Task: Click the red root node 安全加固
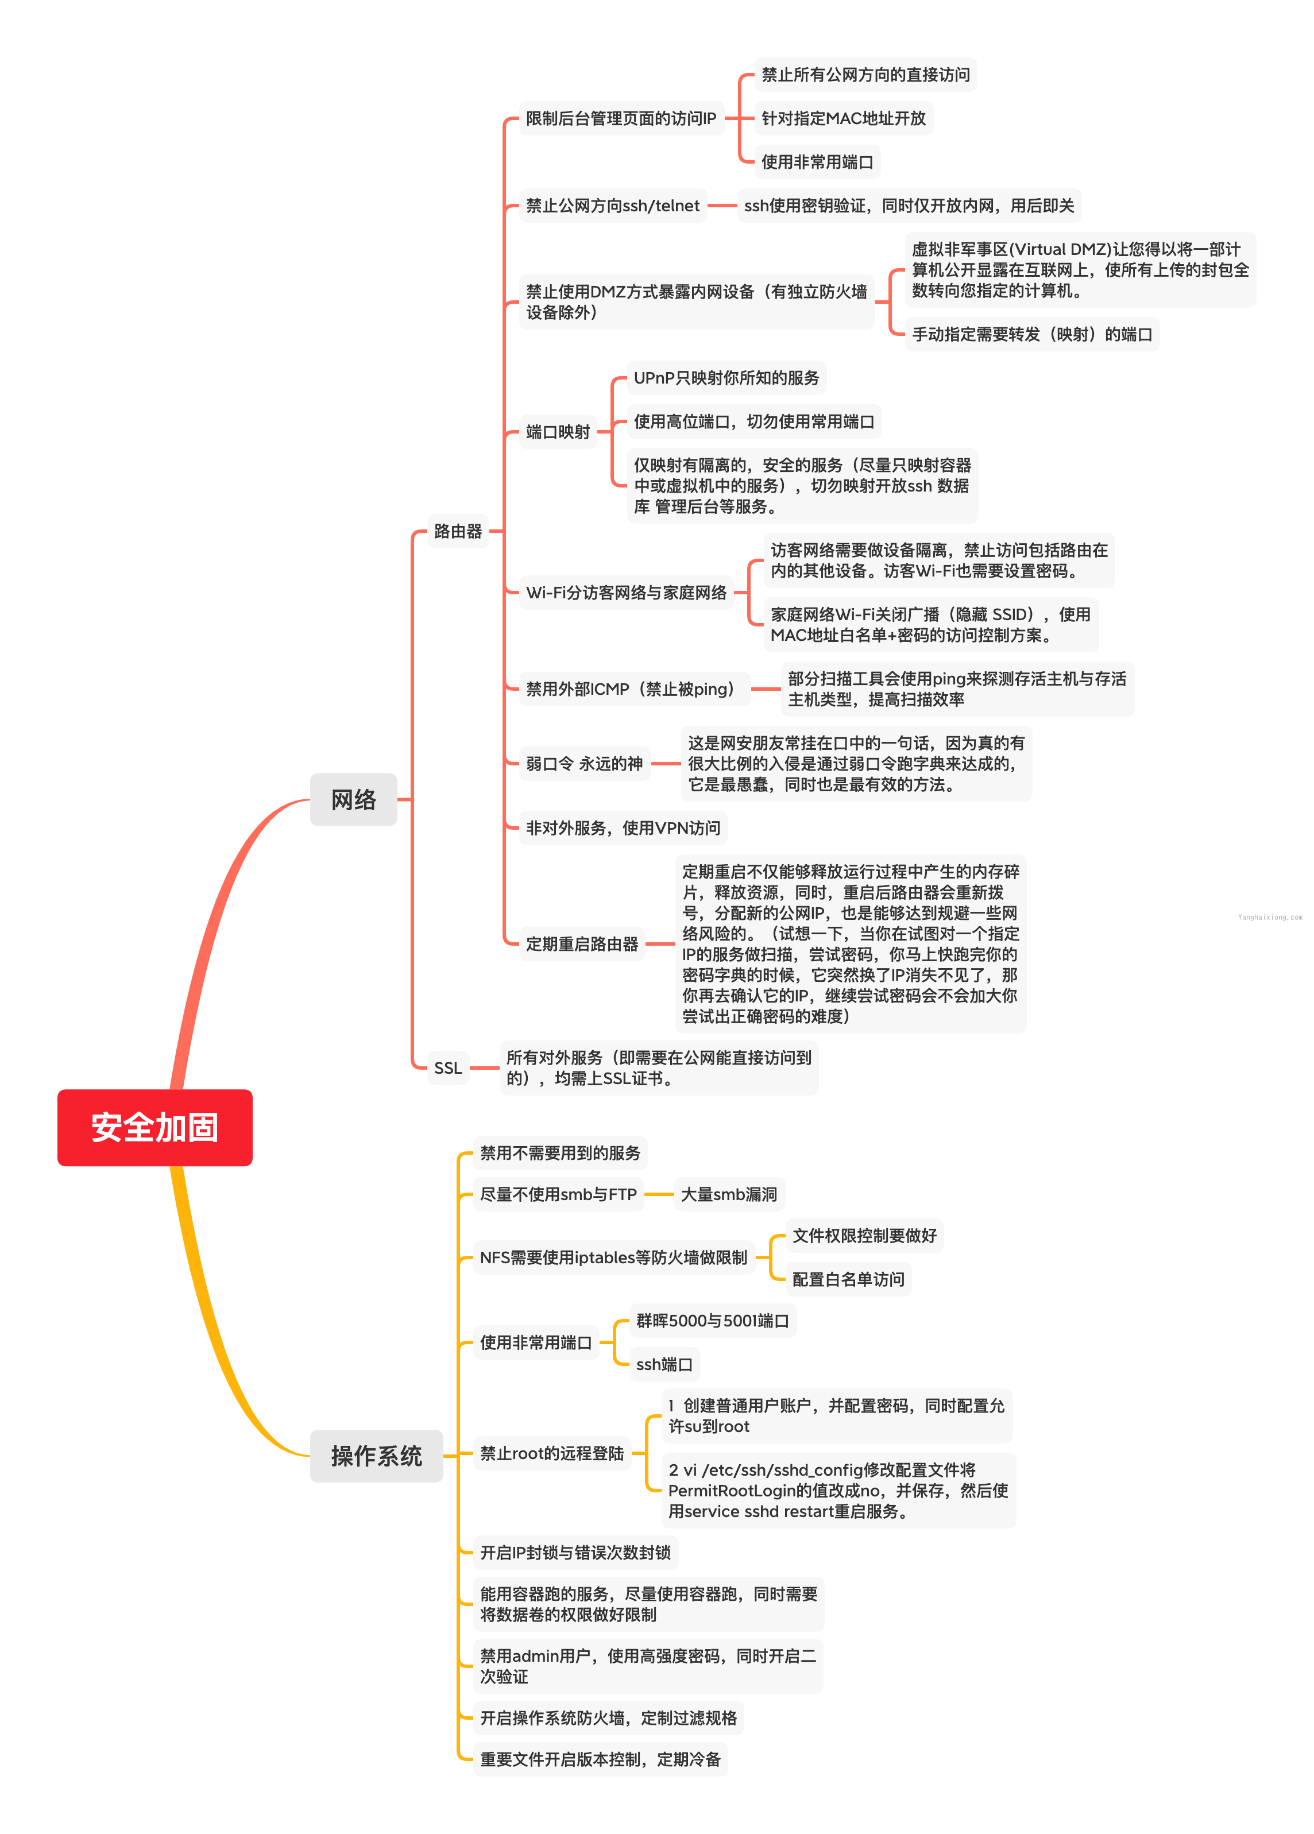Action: coord(154,1127)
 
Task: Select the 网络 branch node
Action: coord(353,799)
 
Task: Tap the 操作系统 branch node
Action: coord(376,1455)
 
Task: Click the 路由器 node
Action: coord(458,531)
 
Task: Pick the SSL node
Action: coord(448,1067)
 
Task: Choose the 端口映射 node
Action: coord(558,431)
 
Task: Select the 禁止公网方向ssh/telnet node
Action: coord(612,206)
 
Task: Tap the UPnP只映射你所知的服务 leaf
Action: coord(725,378)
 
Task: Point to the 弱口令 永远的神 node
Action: coord(584,763)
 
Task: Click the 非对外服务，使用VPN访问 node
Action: coord(623,827)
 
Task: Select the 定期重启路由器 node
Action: coord(581,943)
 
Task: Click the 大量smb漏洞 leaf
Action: coord(729,1194)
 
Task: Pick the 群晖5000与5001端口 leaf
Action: coord(712,1320)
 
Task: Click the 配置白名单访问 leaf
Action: coord(848,1279)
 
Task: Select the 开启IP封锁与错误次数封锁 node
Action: coord(575,1552)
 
